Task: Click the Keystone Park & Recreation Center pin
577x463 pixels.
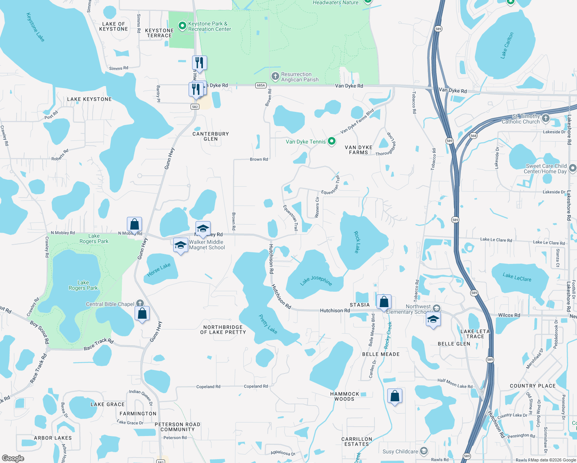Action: tap(182, 26)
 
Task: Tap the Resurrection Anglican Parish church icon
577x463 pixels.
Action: tap(275, 76)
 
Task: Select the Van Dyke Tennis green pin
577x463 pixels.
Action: tap(331, 141)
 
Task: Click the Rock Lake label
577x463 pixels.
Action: tap(357, 242)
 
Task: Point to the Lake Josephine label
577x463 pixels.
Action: tap(316, 281)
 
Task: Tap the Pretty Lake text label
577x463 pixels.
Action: tap(268, 324)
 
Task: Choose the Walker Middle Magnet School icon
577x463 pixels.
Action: tap(181, 245)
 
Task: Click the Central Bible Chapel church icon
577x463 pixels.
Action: tap(140, 304)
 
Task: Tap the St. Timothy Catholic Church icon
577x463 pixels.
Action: tap(545, 118)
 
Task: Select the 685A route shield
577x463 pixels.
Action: tap(261, 85)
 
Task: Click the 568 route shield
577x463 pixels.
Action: tap(473, 136)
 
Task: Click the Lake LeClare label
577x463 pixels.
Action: tap(517, 277)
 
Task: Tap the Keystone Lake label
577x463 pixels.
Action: tap(35, 27)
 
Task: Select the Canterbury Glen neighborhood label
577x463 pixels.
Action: tap(211, 137)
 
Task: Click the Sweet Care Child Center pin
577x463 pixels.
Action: tap(572, 168)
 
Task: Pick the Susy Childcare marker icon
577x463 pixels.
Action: tap(424, 451)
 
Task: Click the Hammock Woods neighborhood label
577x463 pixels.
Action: tap(344, 396)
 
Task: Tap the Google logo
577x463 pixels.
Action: tap(13, 458)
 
